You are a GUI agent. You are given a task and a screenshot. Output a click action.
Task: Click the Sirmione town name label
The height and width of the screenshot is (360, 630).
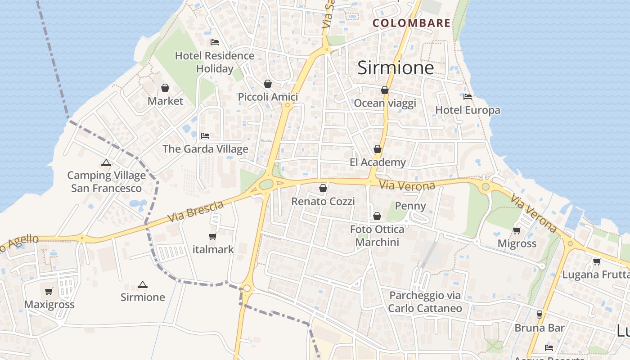(396, 67)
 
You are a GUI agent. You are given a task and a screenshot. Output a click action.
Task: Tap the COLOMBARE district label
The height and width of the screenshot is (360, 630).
(411, 23)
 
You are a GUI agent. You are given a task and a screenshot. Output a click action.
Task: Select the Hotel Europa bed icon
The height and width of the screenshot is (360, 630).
(468, 96)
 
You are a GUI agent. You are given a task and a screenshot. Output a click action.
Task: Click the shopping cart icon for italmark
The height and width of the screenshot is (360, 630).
(212, 236)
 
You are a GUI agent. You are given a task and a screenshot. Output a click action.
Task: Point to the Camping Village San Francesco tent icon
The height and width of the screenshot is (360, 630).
(106, 162)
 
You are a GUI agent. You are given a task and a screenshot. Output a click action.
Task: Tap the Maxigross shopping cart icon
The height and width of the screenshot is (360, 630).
(49, 291)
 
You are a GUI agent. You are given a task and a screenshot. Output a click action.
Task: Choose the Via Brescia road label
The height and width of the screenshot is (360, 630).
(196, 211)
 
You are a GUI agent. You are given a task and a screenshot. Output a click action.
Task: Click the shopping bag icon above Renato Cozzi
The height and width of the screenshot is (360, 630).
(323, 188)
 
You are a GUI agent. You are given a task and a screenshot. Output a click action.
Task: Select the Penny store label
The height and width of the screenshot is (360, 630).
(410, 206)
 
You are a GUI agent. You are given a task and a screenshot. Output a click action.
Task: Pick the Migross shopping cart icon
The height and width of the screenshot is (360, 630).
(517, 230)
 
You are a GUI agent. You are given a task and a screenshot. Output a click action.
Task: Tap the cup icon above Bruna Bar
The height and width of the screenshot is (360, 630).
(540, 314)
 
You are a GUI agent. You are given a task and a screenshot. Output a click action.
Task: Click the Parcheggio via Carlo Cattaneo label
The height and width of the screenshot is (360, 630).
(425, 301)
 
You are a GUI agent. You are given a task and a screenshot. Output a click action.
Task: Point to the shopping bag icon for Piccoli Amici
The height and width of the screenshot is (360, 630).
(268, 84)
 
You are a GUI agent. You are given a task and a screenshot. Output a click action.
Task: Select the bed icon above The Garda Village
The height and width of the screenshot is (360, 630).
(205, 135)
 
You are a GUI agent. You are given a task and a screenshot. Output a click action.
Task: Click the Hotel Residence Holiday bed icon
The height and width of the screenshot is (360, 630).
(215, 42)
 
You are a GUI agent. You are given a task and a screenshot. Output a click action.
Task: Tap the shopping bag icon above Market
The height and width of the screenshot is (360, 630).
(165, 87)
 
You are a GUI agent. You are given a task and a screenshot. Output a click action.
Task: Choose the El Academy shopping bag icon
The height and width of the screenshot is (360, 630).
(378, 149)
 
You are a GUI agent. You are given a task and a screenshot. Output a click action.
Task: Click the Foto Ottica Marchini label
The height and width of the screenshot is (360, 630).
(377, 236)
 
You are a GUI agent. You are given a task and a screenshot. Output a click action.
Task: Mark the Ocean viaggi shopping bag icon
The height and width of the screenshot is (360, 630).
(385, 90)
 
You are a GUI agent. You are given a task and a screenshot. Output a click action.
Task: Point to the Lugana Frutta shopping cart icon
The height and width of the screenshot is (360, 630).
(597, 261)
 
